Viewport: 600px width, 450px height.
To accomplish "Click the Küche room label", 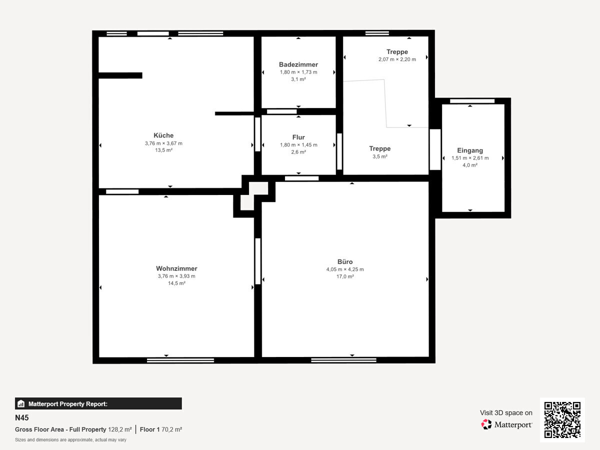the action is [163, 135].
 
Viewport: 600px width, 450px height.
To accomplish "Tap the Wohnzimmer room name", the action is [176, 268].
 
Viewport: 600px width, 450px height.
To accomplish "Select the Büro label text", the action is [345, 261].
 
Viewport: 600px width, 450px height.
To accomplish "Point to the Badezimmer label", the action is [298, 64].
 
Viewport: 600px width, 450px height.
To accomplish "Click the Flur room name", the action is [298, 137].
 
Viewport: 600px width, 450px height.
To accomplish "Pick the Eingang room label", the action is [470, 150].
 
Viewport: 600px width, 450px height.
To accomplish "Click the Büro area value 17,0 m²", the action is [345, 276].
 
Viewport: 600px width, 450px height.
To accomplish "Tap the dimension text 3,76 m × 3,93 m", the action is [176, 276].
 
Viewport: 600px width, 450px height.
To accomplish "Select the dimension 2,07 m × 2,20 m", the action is [397, 59].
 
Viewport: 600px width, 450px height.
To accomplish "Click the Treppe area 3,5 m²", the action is [380, 156].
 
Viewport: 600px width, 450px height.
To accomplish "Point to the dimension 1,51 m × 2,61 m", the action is [470, 158].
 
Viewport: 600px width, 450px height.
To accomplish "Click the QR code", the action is [562, 419].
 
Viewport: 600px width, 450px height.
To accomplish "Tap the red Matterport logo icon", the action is [486, 424].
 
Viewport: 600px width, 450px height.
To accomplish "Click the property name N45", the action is [22, 418].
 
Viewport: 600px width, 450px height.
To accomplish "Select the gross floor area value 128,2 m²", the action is [120, 429].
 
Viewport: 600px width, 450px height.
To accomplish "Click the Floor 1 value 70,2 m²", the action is [171, 429].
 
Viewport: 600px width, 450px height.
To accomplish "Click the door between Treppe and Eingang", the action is [435, 149].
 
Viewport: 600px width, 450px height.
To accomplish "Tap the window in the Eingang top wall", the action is [472, 101].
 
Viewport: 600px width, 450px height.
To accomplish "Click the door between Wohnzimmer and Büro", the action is [258, 261].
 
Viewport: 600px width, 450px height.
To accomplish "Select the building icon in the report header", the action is [21, 403].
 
